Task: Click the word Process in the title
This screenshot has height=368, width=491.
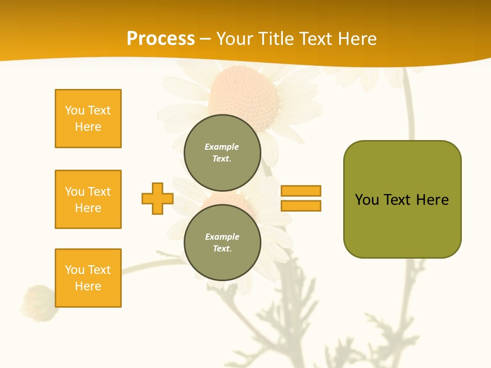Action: [161, 39]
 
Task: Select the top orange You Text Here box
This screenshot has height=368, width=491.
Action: [88, 119]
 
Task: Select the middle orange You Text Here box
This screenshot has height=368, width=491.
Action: [88, 199]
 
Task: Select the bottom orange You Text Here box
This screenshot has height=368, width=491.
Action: [88, 278]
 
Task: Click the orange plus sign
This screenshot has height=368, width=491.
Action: [158, 198]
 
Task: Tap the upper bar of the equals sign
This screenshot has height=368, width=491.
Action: [301, 191]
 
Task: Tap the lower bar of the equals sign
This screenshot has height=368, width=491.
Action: [301, 205]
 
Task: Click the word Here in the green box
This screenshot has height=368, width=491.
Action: [432, 200]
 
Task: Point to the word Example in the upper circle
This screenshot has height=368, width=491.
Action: [222, 147]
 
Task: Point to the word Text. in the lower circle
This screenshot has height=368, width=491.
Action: [222, 248]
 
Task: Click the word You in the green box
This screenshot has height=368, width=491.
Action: [367, 200]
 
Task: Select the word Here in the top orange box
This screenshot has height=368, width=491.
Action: [88, 127]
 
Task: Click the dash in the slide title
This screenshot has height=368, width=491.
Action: [206, 39]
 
